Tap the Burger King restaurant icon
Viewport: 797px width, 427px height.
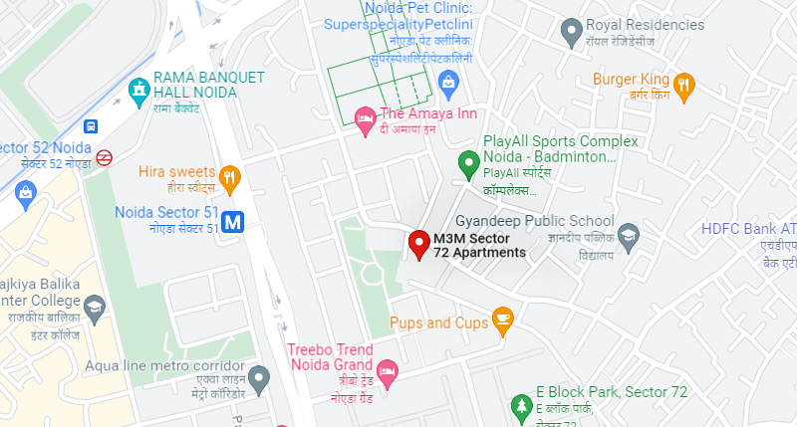coord(683,88)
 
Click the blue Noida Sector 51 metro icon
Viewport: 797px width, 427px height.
coord(234,221)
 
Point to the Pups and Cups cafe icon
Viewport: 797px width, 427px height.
coord(503,321)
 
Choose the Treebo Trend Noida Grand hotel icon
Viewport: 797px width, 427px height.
coord(388,369)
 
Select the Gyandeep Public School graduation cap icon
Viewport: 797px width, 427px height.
coord(629,236)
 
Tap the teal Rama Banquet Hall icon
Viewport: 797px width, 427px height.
coord(138,93)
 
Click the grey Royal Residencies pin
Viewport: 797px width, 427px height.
coord(572,33)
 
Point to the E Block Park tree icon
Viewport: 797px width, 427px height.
coord(520,405)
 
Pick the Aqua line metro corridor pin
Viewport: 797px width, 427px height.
coord(259,377)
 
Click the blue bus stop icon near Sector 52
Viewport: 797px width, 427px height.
coord(92,126)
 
